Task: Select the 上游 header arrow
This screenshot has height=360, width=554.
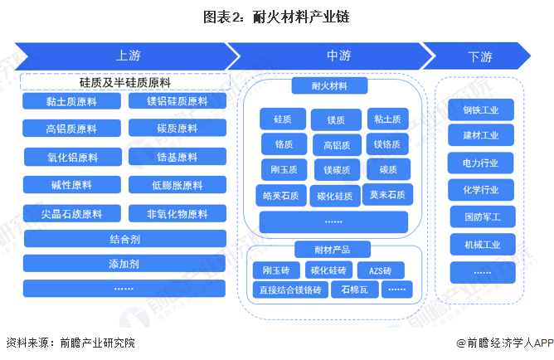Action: coord(124,56)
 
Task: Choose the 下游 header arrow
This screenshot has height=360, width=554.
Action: coord(479,56)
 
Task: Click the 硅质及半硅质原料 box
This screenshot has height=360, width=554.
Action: coord(124,81)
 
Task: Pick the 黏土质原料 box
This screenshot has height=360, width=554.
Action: coord(71,102)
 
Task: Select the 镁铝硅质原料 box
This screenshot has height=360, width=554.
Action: coord(177,102)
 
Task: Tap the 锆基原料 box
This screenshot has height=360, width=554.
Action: coord(177,157)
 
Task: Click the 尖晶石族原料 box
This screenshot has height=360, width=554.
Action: coord(71,213)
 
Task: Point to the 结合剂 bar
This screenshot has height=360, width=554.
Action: coord(124,239)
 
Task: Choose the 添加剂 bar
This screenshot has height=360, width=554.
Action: coord(124,264)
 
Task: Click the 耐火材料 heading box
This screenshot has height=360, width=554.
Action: coord(330,86)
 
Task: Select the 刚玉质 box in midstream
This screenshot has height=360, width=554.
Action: coord(284,170)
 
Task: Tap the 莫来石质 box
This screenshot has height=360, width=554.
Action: coord(387,196)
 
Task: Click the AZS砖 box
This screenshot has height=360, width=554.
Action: coord(380,270)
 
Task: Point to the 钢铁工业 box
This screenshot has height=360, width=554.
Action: coord(481,109)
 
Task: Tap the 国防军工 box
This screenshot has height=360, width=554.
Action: coord(481,217)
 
